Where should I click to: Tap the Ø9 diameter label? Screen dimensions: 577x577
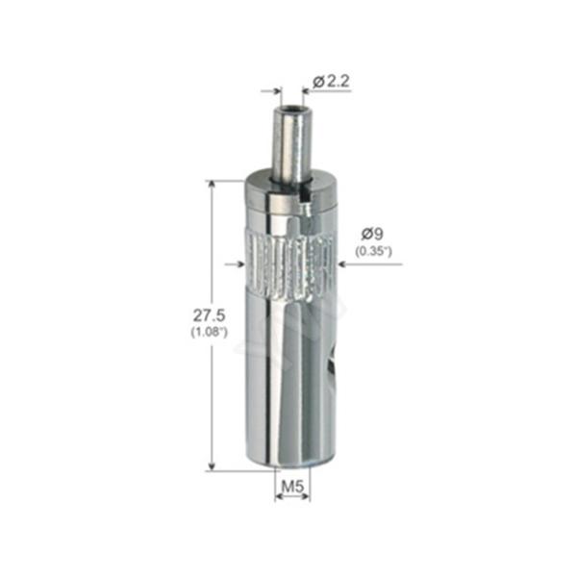374,233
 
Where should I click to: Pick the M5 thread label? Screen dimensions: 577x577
293,487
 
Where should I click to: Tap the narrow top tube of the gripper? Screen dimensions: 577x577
288,144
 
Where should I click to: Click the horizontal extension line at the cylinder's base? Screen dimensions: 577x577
231,470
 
